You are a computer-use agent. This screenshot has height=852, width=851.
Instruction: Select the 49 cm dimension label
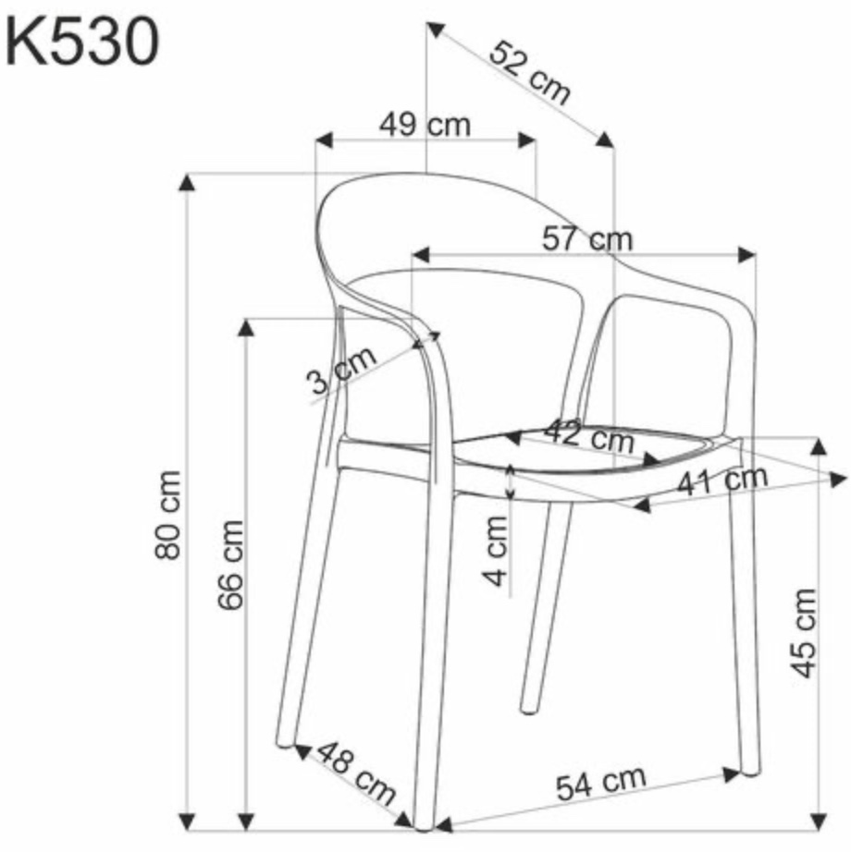coord(425,125)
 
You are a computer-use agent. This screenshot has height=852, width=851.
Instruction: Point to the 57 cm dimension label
coord(587,238)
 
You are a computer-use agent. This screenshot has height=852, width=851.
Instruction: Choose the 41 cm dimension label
coord(722,480)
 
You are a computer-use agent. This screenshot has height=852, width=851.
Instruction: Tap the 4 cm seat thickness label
coord(496,551)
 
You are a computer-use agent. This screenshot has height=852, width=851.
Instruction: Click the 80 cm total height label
coord(167,515)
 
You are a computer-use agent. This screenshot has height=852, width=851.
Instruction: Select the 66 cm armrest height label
coord(230,565)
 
